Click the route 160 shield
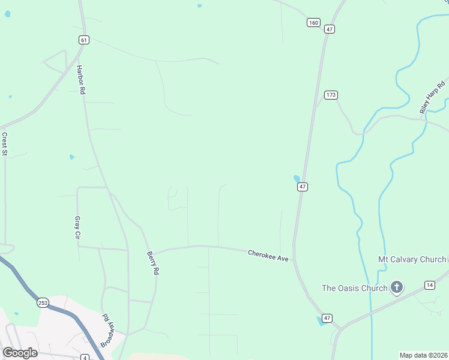pyautogui.click(x=313, y=22)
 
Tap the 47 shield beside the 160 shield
pyautogui.click(x=329, y=29)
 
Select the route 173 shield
pyautogui.click(x=331, y=95)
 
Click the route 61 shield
pyautogui.click(x=83, y=40)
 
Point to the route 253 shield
pyautogui.click(x=43, y=303)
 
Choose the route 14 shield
pyautogui.click(x=429, y=284)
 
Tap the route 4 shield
pyautogui.click(x=85, y=358)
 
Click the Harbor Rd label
pyautogui.click(x=81, y=80)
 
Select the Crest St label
pyautogui.click(x=4, y=144)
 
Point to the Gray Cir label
pyautogui.click(x=77, y=228)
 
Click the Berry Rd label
pyautogui.click(x=152, y=263)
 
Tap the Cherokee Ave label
pyautogui.click(x=268, y=256)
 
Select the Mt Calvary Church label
pyautogui.click(x=412, y=259)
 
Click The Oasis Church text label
pyautogui.click(x=354, y=288)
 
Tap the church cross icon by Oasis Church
pyautogui.click(x=396, y=288)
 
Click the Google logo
pyautogui.click(x=20, y=352)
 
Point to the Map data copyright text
pyautogui.click(x=423, y=355)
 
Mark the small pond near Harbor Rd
pyautogui.click(x=72, y=157)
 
